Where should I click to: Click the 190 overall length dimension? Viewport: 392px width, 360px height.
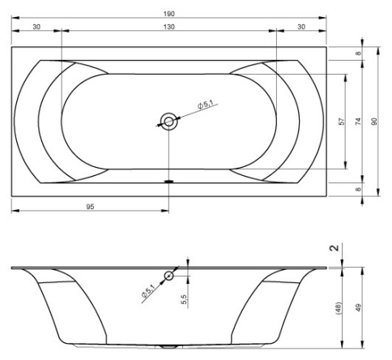(169, 14)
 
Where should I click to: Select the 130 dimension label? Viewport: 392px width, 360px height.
(169, 27)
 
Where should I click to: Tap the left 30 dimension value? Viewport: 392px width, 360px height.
(36, 27)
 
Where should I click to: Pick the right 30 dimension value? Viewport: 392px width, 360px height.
(301, 27)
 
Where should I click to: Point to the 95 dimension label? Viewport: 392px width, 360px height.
(90, 207)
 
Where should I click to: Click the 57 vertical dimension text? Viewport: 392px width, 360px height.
(342, 122)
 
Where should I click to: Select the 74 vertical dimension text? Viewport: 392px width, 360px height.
(358, 122)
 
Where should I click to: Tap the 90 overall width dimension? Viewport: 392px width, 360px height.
(374, 122)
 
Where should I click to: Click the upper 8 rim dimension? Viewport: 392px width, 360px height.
(358, 54)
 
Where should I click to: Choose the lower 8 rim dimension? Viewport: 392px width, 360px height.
(358, 190)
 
